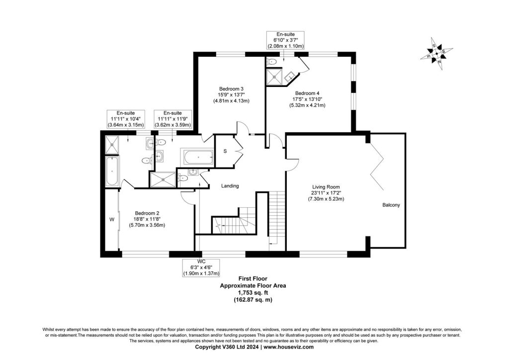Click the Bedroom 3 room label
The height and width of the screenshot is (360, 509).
[x=231, y=89]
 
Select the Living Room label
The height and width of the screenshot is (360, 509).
[x=326, y=187]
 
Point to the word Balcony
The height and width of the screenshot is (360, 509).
[x=391, y=205]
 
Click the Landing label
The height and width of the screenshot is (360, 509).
[x=230, y=186]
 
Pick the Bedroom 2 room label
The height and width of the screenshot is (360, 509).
[x=147, y=213]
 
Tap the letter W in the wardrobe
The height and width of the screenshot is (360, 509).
[x=112, y=220]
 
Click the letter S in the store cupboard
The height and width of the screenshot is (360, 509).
[x=225, y=151]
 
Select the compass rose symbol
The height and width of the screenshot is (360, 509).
[x=436, y=54]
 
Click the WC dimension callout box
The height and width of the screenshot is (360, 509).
[x=201, y=268]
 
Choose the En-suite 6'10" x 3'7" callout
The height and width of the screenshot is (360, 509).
[x=285, y=40]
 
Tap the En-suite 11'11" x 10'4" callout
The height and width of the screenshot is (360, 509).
[x=126, y=119]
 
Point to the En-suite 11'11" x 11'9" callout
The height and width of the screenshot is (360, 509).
[x=172, y=119]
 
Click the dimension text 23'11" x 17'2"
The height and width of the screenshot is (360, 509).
[x=326, y=193]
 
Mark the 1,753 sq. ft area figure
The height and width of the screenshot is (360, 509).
[x=253, y=293]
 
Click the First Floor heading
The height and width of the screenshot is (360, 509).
[x=253, y=278]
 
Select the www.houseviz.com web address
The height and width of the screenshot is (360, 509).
[x=289, y=347]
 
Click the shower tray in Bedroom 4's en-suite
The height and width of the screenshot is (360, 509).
[x=274, y=77]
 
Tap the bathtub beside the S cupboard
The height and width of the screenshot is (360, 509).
[x=198, y=158]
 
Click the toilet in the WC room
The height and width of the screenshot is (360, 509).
[x=183, y=178]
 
